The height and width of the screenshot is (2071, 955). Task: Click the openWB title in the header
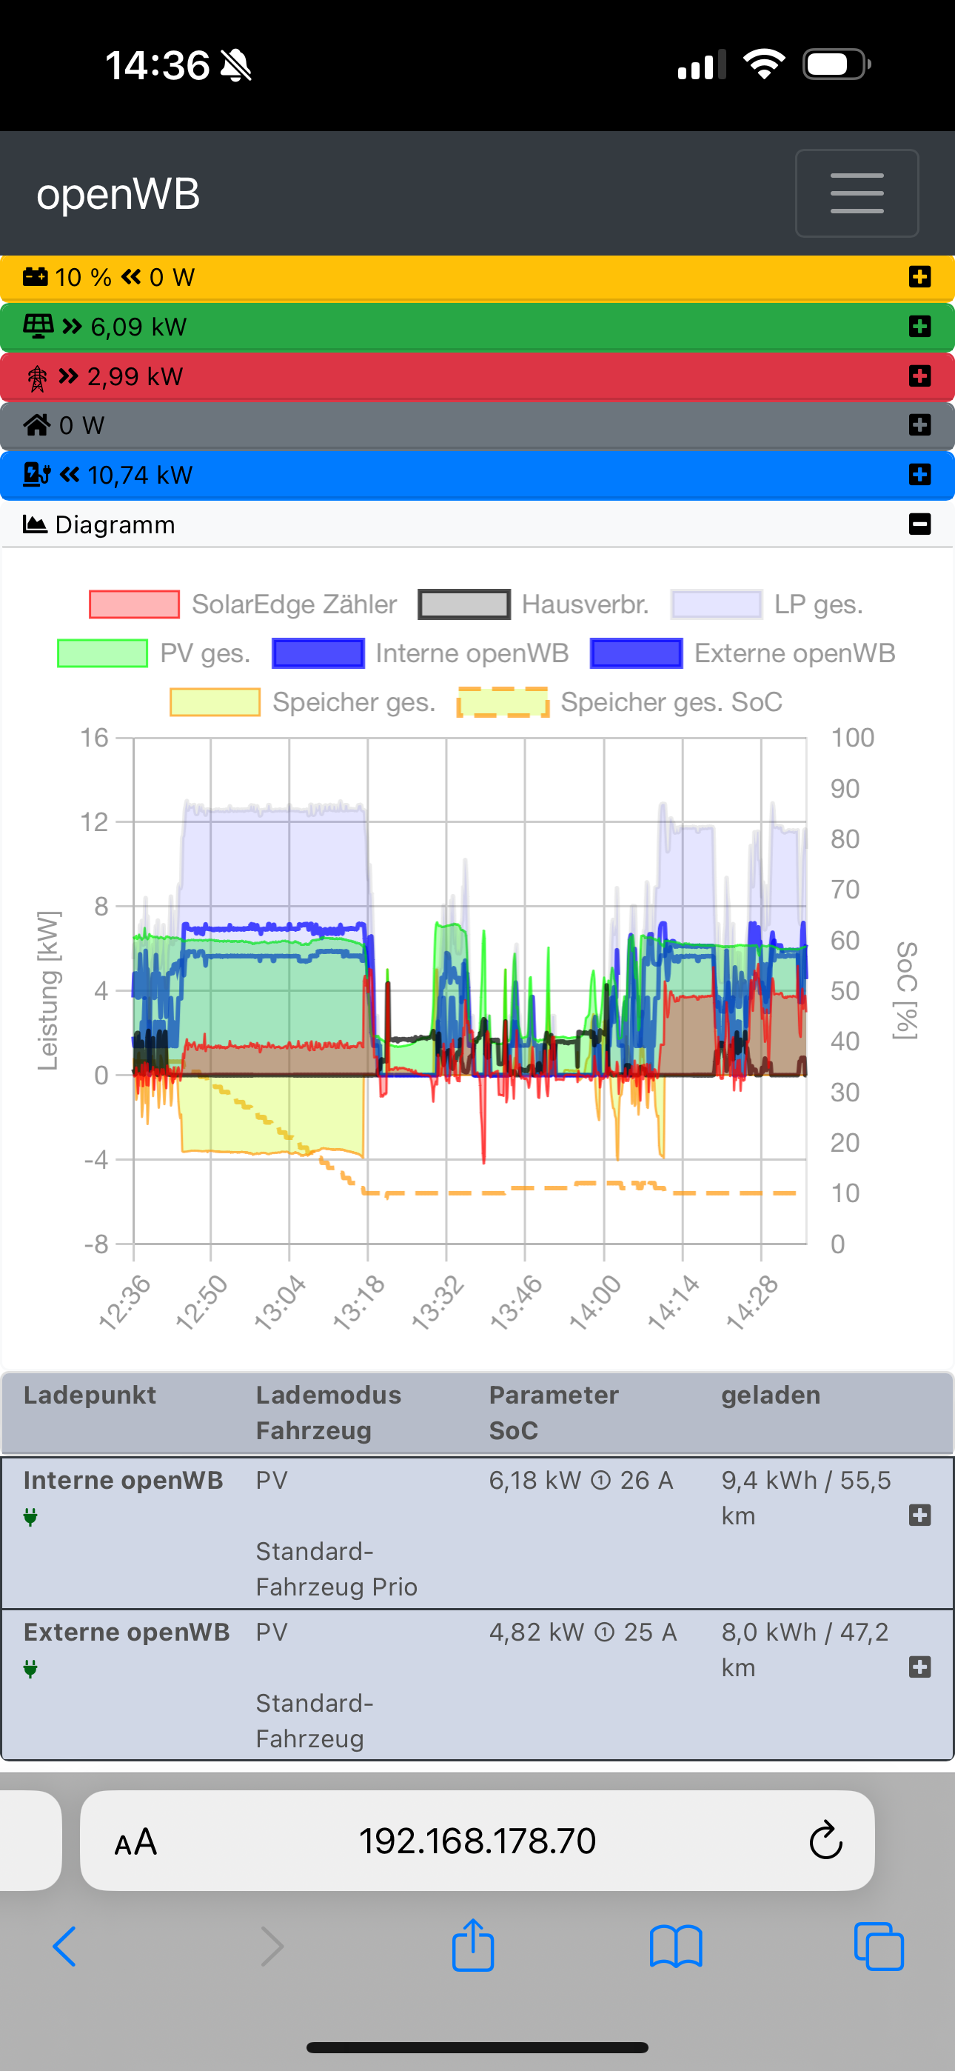pyautogui.click(x=118, y=194)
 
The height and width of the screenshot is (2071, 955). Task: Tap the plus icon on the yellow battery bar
pyautogui.click(x=919, y=276)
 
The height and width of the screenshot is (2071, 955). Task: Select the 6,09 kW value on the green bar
pyautogui.click(x=138, y=327)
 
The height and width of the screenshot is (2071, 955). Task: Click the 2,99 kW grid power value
pyautogui.click(x=135, y=376)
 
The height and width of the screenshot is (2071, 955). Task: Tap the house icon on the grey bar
pyautogui.click(x=37, y=424)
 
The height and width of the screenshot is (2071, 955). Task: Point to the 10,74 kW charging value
pyautogui.click(x=140, y=475)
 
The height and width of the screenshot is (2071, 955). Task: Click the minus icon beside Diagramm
pyautogui.click(x=919, y=524)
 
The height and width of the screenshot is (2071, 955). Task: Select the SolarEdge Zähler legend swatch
pyautogui.click(x=134, y=604)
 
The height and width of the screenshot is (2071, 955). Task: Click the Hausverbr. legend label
pyautogui.click(x=586, y=604)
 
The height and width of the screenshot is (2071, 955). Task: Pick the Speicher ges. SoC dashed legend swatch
pyautogui.click(x=503, y=702)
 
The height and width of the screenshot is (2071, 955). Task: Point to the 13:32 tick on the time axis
pyautogui.click(x=438, y=1302)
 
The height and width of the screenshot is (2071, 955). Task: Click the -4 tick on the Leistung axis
pyautogui.click(x=96, y=1159)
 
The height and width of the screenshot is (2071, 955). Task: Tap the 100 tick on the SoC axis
pyautogui.click(x=852, y=737)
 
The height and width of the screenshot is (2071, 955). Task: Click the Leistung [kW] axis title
pyautogui.click(x=48, y=990)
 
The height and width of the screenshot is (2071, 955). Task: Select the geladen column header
pyautogui.click(x=771, y=1395)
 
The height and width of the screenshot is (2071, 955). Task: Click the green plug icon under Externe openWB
pyautogui.click(x=30, y=1669)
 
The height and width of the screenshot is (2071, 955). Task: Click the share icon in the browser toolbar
pyautogui.click(x=472, y=1946)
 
